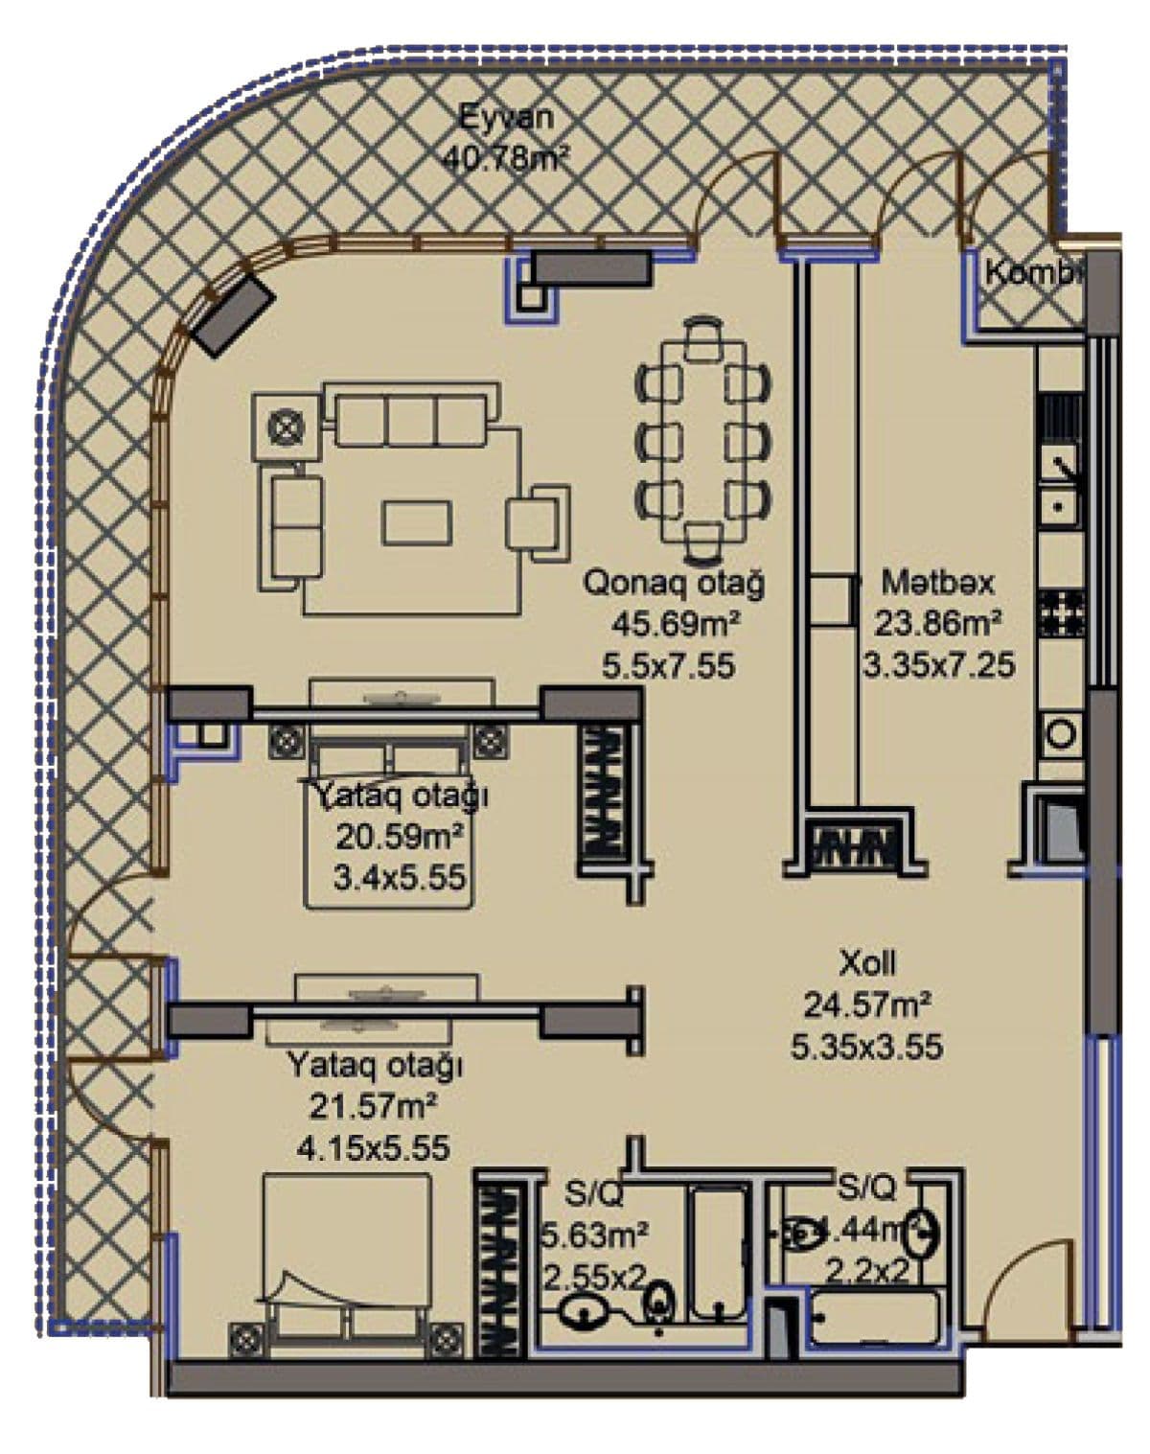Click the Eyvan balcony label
[x=506, y=118]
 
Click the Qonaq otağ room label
[x=675, y=583]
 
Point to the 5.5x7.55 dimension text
[x=669, y=665]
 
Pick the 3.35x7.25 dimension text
[x=938, y=664]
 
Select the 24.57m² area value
[x=867, y=1004]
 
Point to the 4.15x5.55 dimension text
[x=374, y=1147]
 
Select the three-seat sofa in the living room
[x=412, y=418]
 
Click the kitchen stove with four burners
[x=1062, y=612]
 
